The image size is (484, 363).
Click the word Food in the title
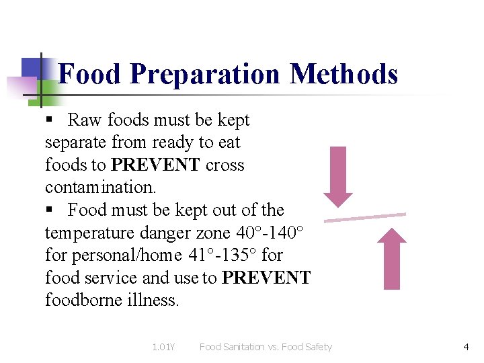tap(90, 74)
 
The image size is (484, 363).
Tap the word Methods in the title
tap(344, 74)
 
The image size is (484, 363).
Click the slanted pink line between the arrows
tap(365, 217)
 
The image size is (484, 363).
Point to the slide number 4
tap(466, 347)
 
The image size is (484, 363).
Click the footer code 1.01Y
tap(163, 347)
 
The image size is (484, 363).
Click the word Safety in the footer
tap(316, 347)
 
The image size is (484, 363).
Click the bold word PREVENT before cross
tap(155, 165)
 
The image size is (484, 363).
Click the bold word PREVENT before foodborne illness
tap(266, 278)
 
